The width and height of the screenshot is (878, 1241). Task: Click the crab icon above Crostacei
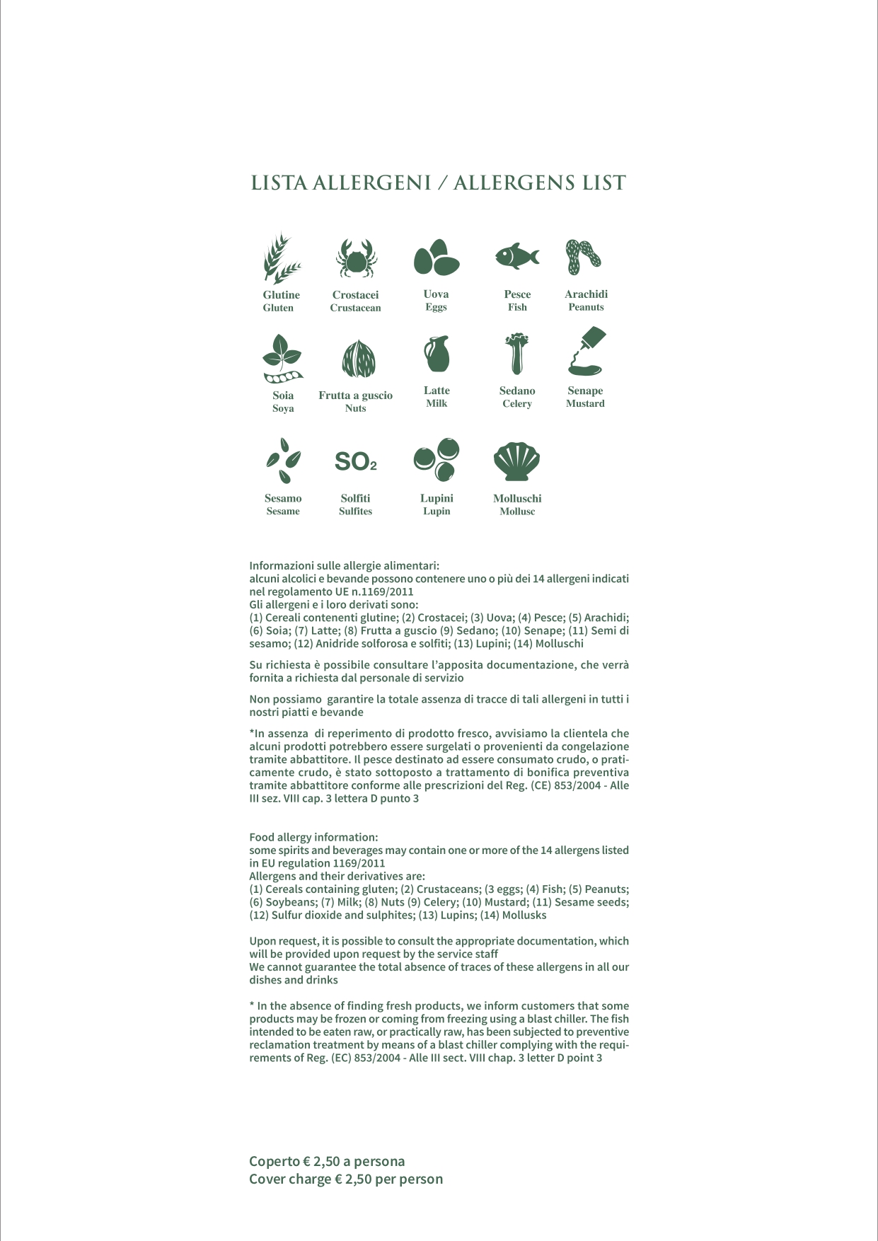[356, 258]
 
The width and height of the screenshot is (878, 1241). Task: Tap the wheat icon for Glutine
[281, 258]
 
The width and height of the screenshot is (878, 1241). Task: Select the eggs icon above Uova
[436, 258]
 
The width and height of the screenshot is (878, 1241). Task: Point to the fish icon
[517, 255]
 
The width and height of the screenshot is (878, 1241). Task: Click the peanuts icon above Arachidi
[583, 257]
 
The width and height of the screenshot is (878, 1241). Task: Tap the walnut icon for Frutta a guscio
[359, 359]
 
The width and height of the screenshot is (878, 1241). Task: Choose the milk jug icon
[437, 354]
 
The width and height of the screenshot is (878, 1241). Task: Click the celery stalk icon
[517, 353]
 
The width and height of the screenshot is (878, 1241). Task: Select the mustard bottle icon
[587, 351]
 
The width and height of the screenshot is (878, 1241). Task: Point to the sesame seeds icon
[284, 461]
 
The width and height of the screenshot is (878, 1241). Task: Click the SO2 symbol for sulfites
[355, 462]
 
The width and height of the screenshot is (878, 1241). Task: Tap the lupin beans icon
[437, 460]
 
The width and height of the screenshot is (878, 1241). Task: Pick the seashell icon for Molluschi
[516, 462]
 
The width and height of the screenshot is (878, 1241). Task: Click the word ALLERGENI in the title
[371, 183]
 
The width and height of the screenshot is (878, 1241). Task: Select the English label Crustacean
[355, 308]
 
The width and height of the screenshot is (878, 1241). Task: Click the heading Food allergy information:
[313, 837]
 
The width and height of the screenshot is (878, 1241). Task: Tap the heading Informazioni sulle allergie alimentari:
[344, 566]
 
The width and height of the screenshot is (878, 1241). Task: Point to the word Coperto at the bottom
[275, 1161]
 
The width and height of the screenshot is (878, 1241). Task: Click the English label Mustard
[585, 403]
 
